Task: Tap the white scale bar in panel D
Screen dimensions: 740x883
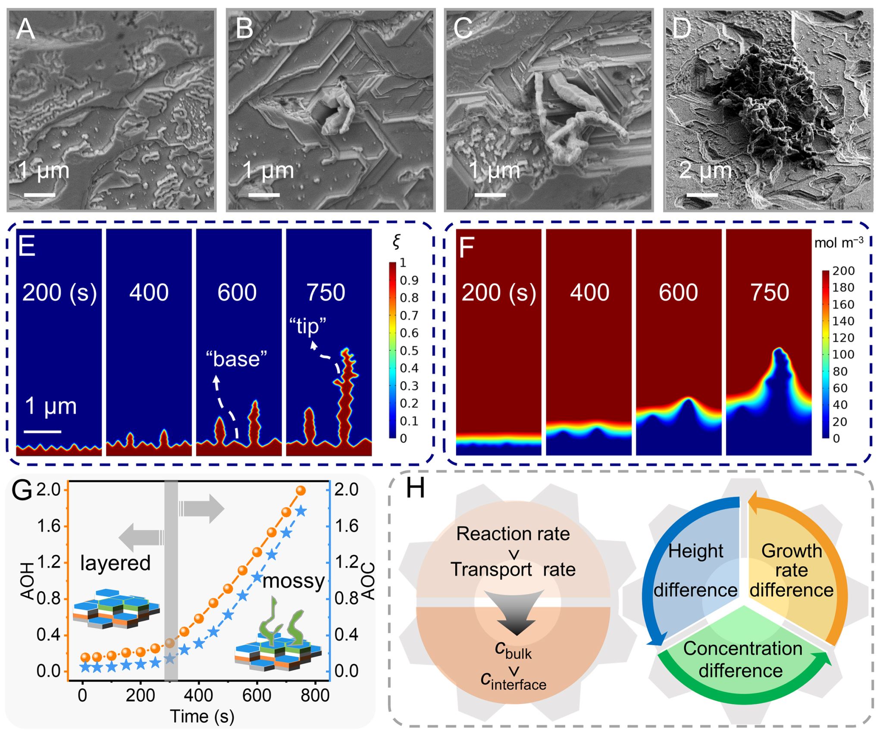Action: [x=701, y=195]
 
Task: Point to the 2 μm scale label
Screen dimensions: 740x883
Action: [x=706, y=170]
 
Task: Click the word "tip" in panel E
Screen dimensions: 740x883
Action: [x=307, y=326]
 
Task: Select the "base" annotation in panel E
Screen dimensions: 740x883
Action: [x=236, y=359]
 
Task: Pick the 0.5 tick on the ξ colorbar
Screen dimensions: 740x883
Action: [x=409, y=350]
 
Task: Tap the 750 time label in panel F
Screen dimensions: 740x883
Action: [x=770, y=292]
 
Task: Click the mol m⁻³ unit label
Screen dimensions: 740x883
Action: [x=839, y=242]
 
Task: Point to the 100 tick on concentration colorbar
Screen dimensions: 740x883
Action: [x=843, y=354]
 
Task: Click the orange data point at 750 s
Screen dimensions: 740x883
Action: [x=301, y=491]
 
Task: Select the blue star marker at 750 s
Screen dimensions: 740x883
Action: [x=301, y=512]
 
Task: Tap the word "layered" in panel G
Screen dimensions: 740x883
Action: [x=115, y=563]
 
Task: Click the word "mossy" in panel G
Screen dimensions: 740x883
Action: [x=293, y=581]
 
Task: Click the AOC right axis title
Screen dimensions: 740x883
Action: [x=368, y=581]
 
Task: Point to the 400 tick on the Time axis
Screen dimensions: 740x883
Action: [x=198, y=695]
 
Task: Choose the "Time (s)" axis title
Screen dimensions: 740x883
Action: [x=202, y=717]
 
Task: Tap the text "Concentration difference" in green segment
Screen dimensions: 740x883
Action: [x=742, y=660]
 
